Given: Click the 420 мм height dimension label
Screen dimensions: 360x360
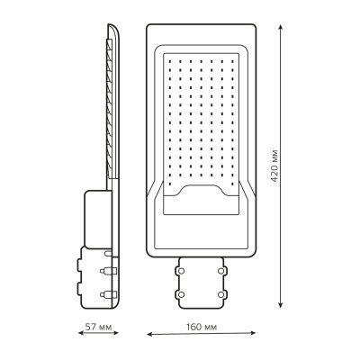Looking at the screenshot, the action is pos(274,166).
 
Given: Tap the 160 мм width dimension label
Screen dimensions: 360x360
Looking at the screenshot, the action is pos(201,327).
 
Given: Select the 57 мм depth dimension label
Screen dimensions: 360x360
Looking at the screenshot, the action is pos(98,327).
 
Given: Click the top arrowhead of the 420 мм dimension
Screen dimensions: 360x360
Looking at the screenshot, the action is pos(281,28).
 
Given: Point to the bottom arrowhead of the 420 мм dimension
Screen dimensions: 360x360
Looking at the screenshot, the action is pos(281,304).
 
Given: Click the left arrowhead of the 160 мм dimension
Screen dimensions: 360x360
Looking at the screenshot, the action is pos(150,333).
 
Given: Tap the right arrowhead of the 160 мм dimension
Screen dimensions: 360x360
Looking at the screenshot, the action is pos(252,332).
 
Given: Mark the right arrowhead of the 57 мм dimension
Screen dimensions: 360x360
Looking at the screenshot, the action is pos(115,332).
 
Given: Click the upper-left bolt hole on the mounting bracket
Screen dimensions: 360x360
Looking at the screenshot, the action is pos(181,271).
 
